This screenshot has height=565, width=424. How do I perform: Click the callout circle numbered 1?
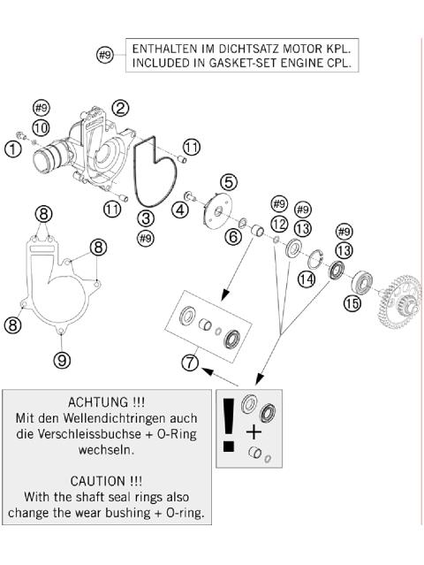[x=13, y=149]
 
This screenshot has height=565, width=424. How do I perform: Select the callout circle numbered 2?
[x=120, y=108]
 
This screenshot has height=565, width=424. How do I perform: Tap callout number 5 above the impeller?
[x=229, y=182]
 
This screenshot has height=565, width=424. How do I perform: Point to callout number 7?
[x=190, y=363]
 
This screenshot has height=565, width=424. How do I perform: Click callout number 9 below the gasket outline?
[x=62, y=360]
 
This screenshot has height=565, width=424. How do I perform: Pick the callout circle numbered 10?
[x=42, y=128]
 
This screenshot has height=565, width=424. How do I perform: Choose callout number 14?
[x=307, y=279]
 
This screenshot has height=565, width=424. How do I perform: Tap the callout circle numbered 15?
[x=352, y=303]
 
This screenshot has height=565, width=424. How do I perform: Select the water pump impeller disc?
[x=216, y=210]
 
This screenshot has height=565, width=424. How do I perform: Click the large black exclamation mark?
[x=229, y=424]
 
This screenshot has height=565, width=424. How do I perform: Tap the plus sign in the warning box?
[x=254, y=431]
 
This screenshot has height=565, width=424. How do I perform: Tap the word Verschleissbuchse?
[x=84, y=433]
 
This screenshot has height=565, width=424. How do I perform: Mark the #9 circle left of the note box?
[x=105, y=55]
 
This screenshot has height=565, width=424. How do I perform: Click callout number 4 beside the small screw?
[x=180, y=210]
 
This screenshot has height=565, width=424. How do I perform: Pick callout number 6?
[x=233, y=237]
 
